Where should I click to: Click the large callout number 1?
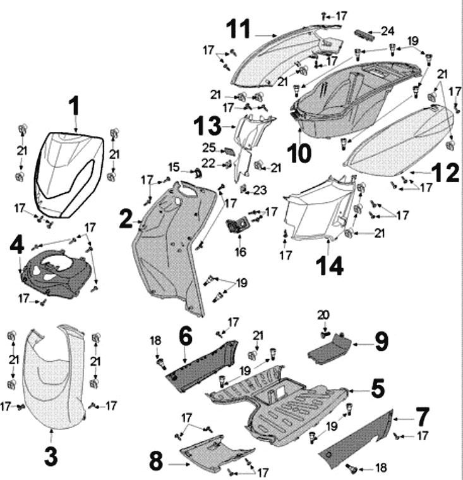coord(75,106)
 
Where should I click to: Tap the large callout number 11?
coord(239,29)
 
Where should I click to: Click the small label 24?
coord(387,30)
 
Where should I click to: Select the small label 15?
coord(174,166)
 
